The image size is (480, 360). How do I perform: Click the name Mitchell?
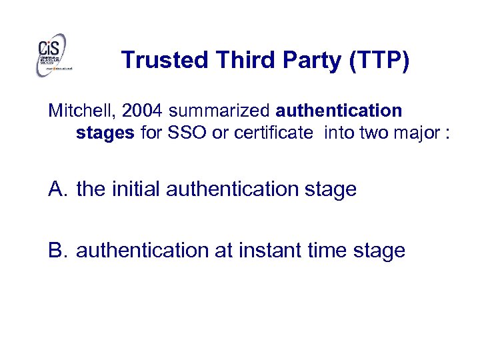pyautogui.click(x=73, y=110)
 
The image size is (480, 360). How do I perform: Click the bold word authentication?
pyautogui.click(x=339, y=110)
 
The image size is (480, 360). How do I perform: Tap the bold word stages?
pyautogui.click(x=105, y=133)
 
